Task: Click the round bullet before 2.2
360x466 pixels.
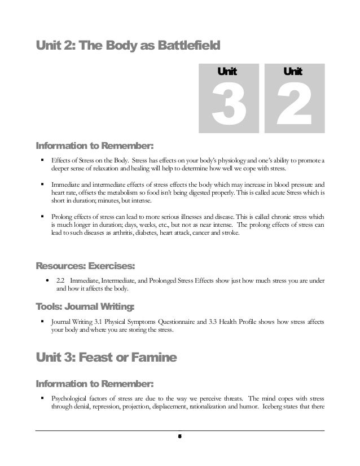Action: pos(46,280)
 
